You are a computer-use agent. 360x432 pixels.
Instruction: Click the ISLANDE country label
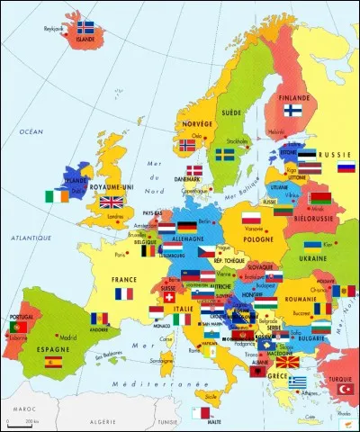click(x=86, y=39)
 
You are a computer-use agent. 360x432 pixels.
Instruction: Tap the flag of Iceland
click(x=86, y=27)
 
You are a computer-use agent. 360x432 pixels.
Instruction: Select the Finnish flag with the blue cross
click(x=292, y=110)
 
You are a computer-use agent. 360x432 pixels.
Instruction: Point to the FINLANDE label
click(x=295, y=95)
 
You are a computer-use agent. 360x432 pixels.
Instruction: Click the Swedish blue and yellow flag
click(x=224, y=156)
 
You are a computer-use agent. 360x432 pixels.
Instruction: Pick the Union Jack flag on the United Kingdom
click(x=112, y=202)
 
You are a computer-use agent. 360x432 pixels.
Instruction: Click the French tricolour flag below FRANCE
click(x=123, y=293)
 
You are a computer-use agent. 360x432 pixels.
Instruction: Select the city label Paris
click(x=121, y=255)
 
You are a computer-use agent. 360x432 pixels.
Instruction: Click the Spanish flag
click(x=53, y=362)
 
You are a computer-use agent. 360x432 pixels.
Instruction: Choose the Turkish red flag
click(x=340, y=393)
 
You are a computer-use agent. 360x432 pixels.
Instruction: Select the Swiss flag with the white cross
click(x=167, y=294)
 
